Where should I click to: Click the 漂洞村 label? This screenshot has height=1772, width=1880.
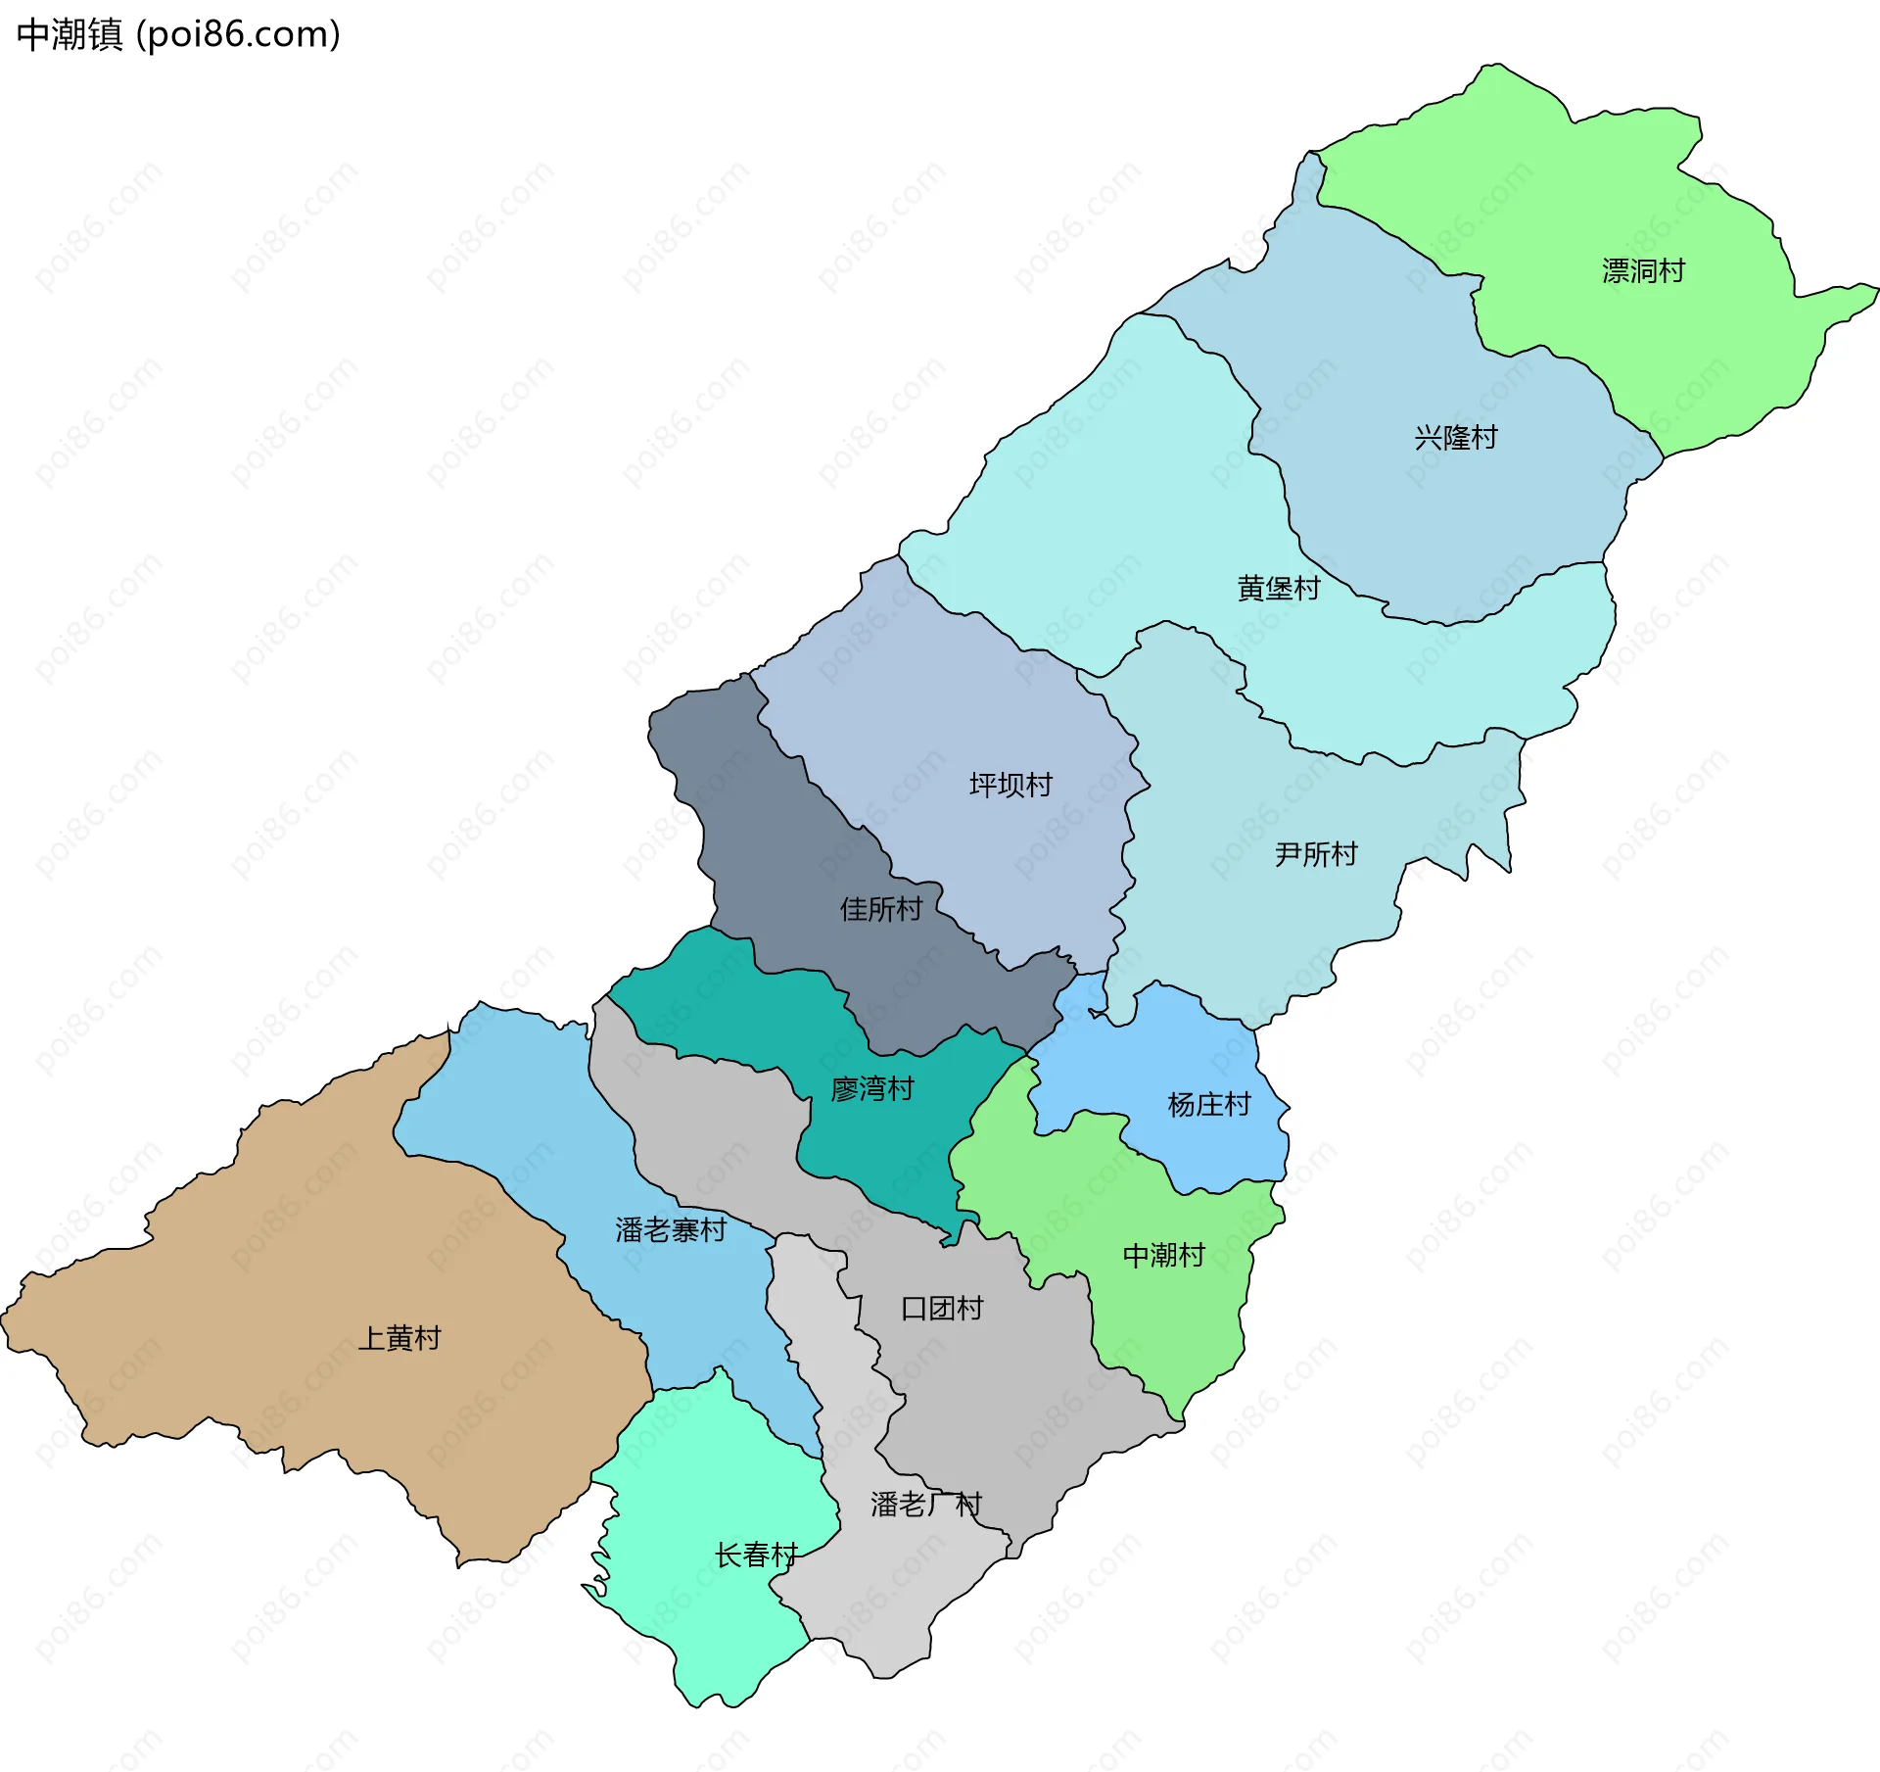click(x=1643, y=271)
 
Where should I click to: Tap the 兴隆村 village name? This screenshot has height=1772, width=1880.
click(x=1456, y=438)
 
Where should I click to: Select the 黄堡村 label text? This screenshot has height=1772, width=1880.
click(x=1279, y=589)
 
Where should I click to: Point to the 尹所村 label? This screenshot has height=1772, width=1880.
click(x=1316, y=855)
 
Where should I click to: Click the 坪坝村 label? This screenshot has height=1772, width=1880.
click(x=1010, y=786)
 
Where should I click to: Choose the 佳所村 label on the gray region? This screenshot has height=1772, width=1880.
click(x=881, y=910)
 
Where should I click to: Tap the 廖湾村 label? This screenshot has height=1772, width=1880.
click(x=871, y=1089)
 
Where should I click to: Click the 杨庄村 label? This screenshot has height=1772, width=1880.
click(x=1209, y=1105)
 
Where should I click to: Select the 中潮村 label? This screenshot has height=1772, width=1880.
click(x=1163, y=1256)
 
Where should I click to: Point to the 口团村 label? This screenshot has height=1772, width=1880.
click(x=942, y=1309)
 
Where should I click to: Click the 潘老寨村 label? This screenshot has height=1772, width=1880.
click(x=671, y=1230)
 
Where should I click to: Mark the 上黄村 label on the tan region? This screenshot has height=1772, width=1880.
click(x=399, y=1338)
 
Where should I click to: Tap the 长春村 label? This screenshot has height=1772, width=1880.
click(x=756, y=1556)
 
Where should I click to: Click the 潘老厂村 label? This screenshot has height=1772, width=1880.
click(x=925, y=1505)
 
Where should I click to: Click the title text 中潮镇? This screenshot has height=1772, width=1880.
click(x=70, y=34)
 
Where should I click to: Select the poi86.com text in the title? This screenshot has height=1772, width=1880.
click(x=238, y=34)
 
